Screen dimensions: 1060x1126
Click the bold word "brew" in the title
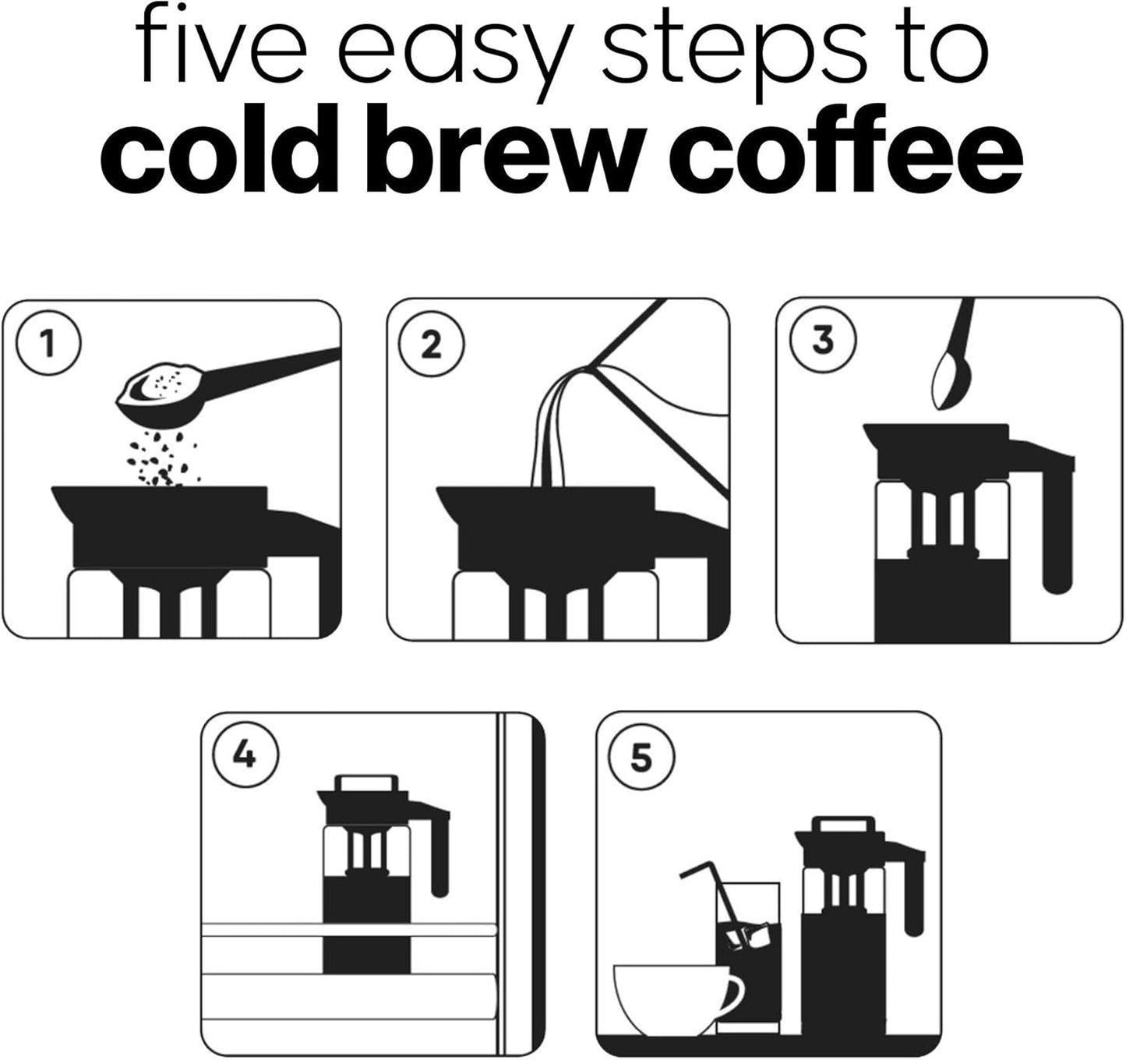click(517, 153)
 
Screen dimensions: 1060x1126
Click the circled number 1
click(48, 344)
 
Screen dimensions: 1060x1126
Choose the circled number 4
click(245, 754)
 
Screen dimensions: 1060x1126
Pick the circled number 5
click(641, 758)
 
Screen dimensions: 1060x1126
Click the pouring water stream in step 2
click(555, 436)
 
